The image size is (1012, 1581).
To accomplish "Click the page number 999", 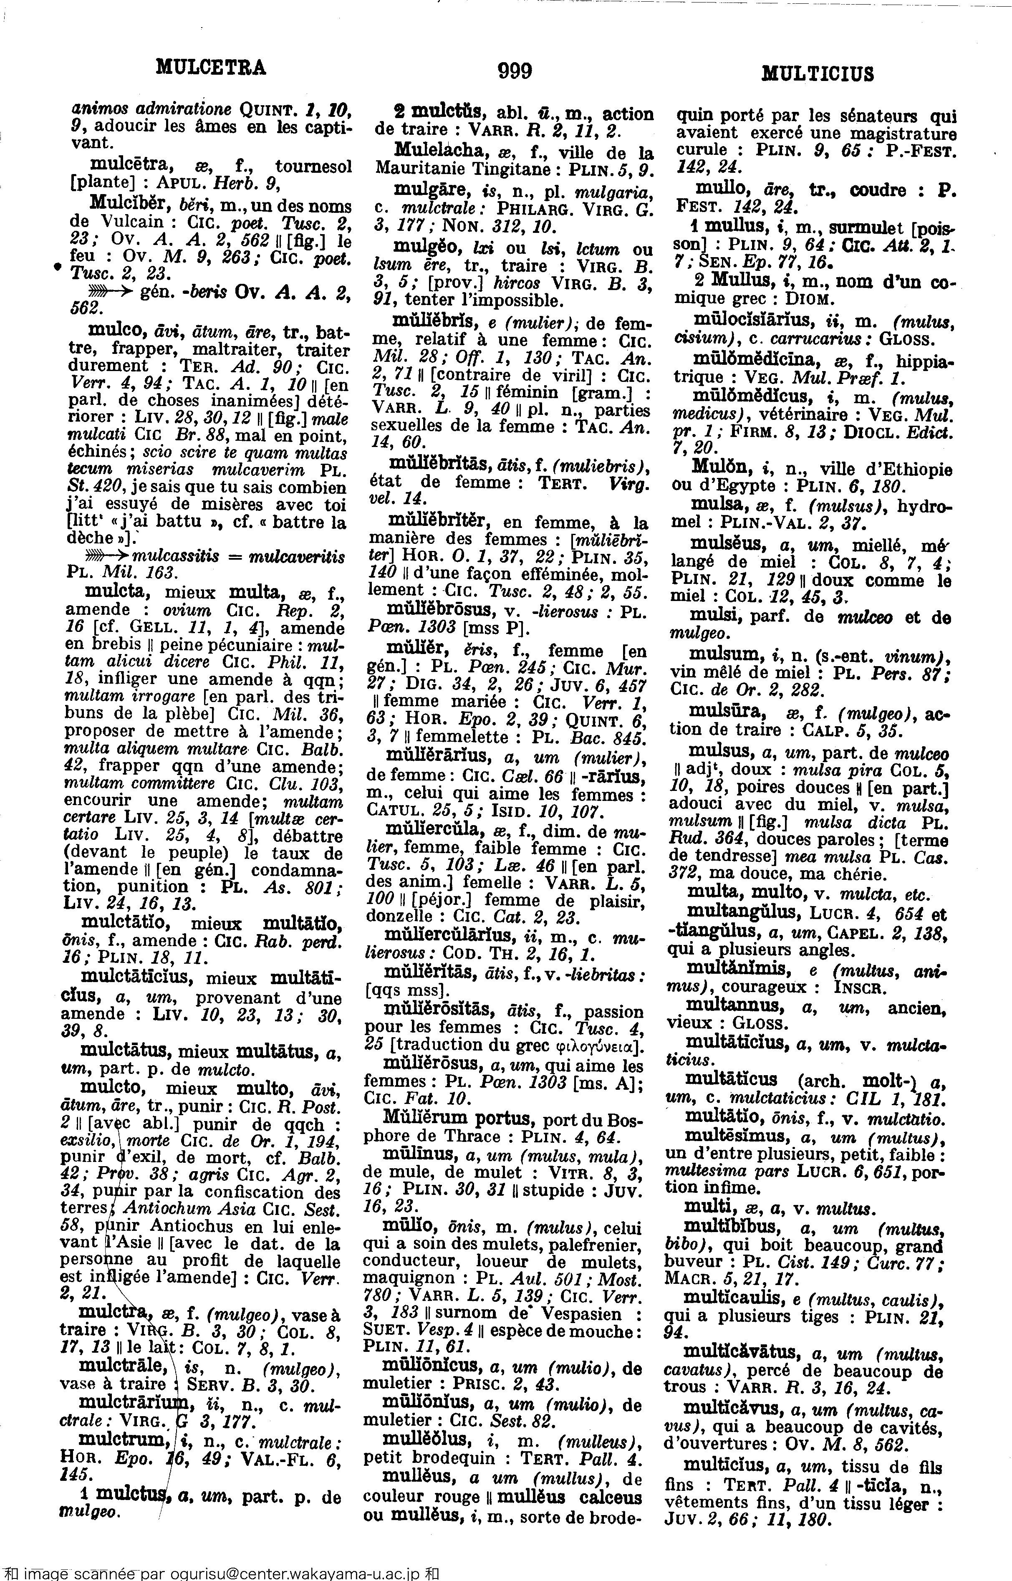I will click(515, 70).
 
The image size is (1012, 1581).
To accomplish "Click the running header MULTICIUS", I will click(818, 73).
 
